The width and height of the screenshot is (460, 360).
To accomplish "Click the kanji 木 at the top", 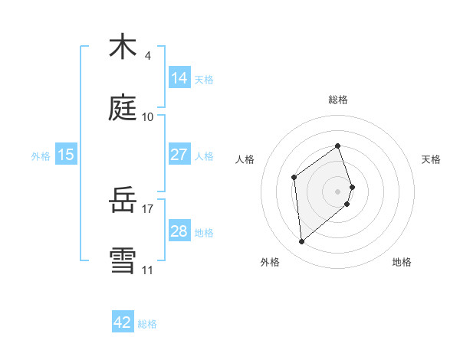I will pos(123,47).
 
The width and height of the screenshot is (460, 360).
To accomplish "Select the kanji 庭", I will pos(123,109).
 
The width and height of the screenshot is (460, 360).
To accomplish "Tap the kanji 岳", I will pos(123,201).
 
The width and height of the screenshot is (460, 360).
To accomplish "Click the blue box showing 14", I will pos(179,77).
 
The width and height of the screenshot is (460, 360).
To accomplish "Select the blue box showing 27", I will pos(179,155).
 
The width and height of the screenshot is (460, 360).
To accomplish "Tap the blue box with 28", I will pos(179,231).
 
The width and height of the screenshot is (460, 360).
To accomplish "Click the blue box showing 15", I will pos(66,155).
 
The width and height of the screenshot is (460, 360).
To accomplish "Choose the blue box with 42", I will pos(123,322).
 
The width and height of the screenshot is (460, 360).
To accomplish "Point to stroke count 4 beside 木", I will pos(148,56).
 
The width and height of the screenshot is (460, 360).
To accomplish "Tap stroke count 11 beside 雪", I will pos(148,270).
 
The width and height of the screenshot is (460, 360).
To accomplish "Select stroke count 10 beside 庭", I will pos(148,117).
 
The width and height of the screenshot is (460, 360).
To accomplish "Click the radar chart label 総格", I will pos(338,100).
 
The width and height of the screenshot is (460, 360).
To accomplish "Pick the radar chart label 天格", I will pos(432,159).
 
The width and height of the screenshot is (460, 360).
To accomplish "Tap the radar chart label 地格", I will pos(402,262).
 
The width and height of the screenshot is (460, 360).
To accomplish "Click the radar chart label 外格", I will pos(270,262).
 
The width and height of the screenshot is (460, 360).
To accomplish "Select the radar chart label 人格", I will pos(245,159).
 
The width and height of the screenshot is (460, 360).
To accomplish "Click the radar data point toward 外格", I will pos(302,242).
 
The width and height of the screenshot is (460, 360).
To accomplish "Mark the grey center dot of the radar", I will pos(338,191).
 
